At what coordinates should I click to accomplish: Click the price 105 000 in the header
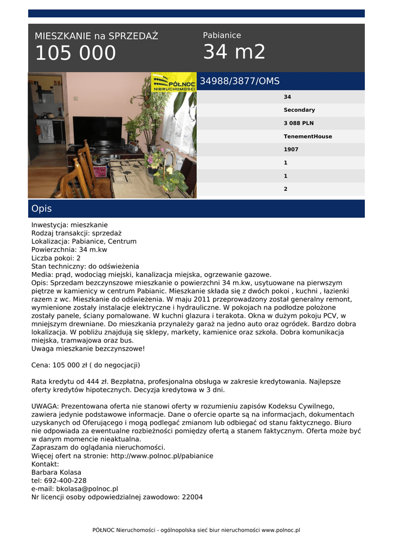coord(75,53)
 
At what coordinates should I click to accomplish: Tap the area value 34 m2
coord(234,52)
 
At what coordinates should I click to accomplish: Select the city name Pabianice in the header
coord(222,35)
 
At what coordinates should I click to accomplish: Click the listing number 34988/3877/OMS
coord(240,81)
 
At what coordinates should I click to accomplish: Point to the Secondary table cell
coord(299,110)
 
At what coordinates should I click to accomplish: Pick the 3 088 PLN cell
coord(299,123)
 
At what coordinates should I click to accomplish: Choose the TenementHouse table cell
coord(308,137)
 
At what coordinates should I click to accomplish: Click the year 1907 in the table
coord(291,150)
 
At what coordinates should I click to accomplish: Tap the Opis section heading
coord(42,209)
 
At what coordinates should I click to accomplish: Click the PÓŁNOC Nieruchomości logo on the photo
coord(173,82)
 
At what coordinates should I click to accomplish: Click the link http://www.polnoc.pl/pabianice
coord(162,456)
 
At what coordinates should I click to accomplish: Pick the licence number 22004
coord(192,496)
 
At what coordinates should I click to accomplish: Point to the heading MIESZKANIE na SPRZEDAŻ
coord(96,36)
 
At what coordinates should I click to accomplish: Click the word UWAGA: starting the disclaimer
coord(45,405)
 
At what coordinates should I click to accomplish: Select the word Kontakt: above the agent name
coord(45,464)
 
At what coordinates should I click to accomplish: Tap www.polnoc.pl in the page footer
coord(281,530)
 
